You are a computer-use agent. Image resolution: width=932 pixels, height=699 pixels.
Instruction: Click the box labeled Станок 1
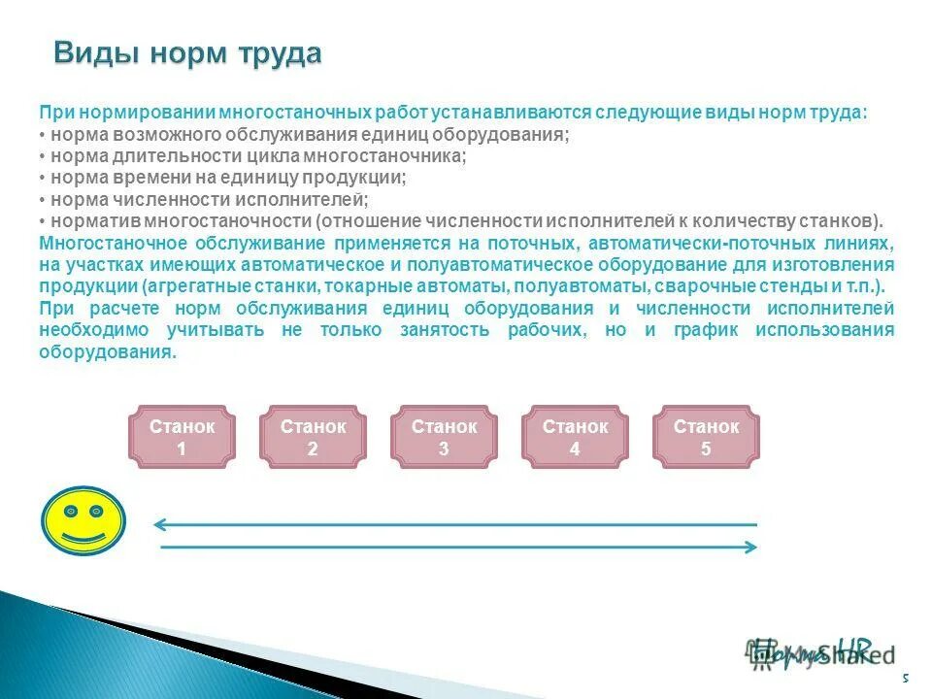tap(182, 437)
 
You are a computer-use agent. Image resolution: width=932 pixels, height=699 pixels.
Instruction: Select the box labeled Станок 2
tap(313, 437)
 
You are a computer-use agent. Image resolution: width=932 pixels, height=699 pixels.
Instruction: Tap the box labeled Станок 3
tap(444, 437)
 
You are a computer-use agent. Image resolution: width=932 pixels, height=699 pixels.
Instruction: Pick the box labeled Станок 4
tap(575, 437)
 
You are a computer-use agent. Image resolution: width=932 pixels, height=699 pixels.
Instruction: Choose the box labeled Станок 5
tap(706, 437)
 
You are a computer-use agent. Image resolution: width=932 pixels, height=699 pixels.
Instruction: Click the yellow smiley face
tap(83, 520)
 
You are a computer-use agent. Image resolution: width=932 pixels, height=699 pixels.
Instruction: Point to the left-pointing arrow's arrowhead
tap(159, 525)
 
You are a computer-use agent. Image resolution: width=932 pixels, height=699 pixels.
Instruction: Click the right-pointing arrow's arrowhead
tap(750, 548)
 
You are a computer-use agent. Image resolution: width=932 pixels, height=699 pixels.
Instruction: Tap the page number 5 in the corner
tap(905, 678)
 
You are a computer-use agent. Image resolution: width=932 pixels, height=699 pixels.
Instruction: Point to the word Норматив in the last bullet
tap(87, 220)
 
